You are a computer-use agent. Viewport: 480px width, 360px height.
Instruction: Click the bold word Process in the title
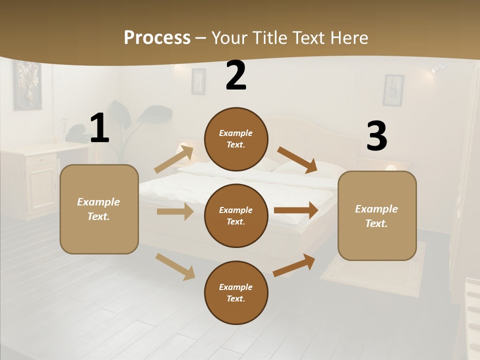157,37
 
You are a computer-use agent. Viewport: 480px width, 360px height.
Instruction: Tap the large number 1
99,128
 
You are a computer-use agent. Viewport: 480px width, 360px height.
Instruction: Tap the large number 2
236,75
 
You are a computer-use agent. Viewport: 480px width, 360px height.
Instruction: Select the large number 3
376,136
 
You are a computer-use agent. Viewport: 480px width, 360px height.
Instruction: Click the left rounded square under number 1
99,209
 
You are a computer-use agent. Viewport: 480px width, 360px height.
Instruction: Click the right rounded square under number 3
377,215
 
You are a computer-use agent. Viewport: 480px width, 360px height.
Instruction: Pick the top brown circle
236,139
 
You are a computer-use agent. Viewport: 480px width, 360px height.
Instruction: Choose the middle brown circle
236,215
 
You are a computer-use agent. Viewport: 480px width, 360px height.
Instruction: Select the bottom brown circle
236,292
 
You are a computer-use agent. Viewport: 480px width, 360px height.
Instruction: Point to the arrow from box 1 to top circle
174,159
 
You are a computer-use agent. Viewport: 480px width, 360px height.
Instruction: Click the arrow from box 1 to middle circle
175,211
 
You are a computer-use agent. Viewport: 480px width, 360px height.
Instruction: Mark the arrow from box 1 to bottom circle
175,266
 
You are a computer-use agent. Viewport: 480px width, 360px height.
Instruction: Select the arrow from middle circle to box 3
296,210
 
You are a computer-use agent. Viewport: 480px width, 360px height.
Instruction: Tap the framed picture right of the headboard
393,90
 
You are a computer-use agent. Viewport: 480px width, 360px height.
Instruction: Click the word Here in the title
348,37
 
